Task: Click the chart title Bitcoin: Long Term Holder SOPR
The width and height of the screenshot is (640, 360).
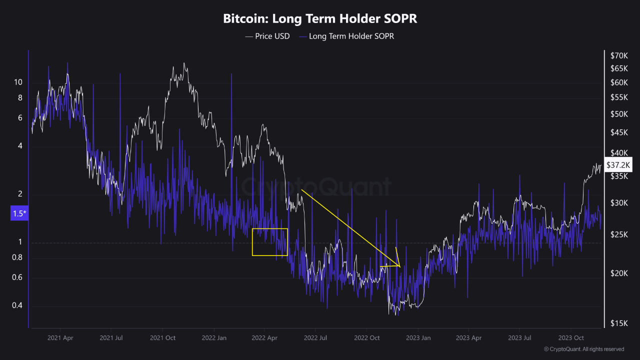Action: [x=320, y=19]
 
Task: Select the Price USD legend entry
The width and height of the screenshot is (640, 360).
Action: [x=267, y=36]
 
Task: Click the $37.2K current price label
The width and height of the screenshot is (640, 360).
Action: [x=618, y=164]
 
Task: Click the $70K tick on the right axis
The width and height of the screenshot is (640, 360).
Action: [x=618, y=55]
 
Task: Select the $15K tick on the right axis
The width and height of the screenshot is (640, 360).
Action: [x=618, y=323]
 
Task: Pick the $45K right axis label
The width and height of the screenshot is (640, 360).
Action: [x=618, y=132]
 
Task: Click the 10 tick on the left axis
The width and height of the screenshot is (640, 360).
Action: [x=18, y=82]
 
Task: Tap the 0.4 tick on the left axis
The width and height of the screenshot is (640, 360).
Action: [x=18, y=305]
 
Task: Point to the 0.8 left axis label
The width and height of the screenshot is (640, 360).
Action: [x=18, y=257]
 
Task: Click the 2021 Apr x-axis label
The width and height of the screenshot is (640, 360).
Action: [x=60, y=338]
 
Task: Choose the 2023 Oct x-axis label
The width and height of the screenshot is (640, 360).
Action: [x=571, y=338]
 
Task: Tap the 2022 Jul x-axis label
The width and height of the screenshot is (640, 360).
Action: [x=315, y=338]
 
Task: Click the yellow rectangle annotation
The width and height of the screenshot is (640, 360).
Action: [x=270, y=242]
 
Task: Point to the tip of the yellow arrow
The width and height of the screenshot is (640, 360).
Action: [x=400, y=266]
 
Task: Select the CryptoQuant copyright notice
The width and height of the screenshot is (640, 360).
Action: [x=583, y=349]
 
